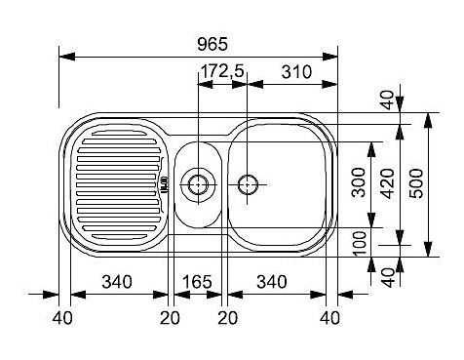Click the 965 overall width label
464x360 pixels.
(213, 44)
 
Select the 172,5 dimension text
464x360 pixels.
(222, 71)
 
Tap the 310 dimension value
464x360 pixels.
(296, 72)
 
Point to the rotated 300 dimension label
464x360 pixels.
(359, 182)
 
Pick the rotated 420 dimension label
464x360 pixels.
(388, 183)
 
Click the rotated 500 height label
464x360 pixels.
(416, 183)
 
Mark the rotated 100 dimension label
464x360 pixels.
(360, 244)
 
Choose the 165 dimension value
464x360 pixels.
(197, 282)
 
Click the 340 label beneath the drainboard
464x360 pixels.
(117, 282)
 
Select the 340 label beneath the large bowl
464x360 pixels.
(272, 282)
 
